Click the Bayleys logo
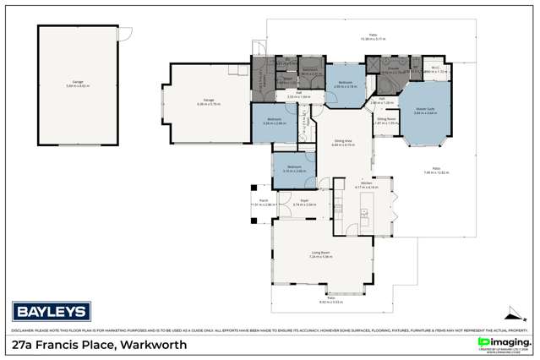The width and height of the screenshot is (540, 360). (x=41, y=308)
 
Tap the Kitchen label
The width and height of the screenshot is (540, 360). (x=367, y=183)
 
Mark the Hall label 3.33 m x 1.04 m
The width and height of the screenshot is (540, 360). (x=292, y=95)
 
